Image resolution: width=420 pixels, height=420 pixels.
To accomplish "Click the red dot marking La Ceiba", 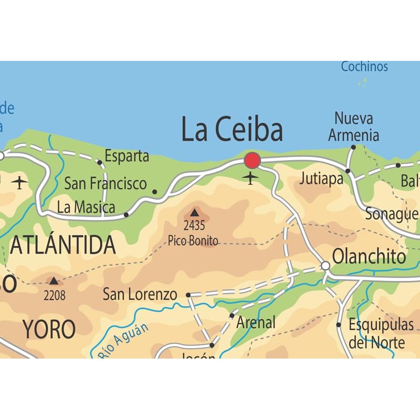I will pos(253,161).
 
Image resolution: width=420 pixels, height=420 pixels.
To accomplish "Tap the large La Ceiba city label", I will pos(232,130).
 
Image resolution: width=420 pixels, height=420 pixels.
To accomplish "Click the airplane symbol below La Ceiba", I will pos(251,178).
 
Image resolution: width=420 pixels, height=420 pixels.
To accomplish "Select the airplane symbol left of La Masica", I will pos(20,183).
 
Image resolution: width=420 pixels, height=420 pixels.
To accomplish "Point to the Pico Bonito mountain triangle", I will pos(195,213).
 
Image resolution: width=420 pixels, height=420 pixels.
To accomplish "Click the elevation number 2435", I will pos(194,226).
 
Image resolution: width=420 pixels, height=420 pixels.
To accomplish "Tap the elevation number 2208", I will pos(55,296).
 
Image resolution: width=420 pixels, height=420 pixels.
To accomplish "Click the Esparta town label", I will pos(127,156).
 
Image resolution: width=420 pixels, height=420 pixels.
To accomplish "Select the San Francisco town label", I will pos(105,183).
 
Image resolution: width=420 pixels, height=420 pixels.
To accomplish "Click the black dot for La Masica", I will pos(126,215).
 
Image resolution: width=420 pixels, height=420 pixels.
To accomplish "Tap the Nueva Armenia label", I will pos(354,127).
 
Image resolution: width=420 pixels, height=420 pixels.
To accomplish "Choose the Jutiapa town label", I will pos(321,178).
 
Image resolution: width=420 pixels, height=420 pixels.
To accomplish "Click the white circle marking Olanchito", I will pos(325,266).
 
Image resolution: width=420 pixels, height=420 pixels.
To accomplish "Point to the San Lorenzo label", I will pos(140,294).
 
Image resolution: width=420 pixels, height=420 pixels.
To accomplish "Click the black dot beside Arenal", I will pos(232,316).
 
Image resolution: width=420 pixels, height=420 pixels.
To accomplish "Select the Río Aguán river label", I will pos(124,341).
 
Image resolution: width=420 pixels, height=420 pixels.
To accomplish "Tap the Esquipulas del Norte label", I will pos(381,333).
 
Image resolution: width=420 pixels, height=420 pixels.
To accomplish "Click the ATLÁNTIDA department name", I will pos(63,245).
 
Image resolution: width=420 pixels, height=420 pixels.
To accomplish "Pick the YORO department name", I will pos(49,329).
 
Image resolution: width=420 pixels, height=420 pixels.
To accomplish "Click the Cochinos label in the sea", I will pos(364,67).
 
